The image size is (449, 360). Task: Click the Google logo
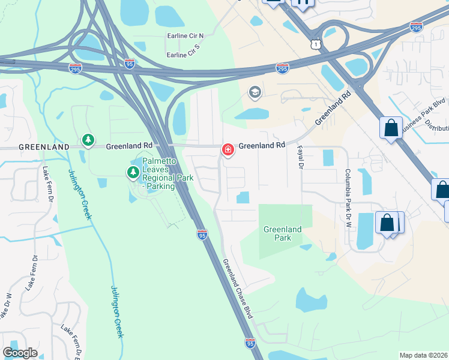(x=20, y=353)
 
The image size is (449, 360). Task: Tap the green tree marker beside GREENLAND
(x=88, y=141)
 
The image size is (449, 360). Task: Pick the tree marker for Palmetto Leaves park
(x=133, y=173)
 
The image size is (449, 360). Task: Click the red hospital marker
(x=228, y=149)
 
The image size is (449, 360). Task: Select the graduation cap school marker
(x=255, y=92)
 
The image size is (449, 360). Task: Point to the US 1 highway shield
(x=316, y=45)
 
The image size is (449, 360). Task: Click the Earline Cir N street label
(x=185, y=36)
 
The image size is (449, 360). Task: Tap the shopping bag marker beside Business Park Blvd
(x=391, y=128)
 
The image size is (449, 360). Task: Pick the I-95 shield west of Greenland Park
(x=202, y=235)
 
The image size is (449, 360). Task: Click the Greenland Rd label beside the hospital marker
(x=262, y=146)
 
